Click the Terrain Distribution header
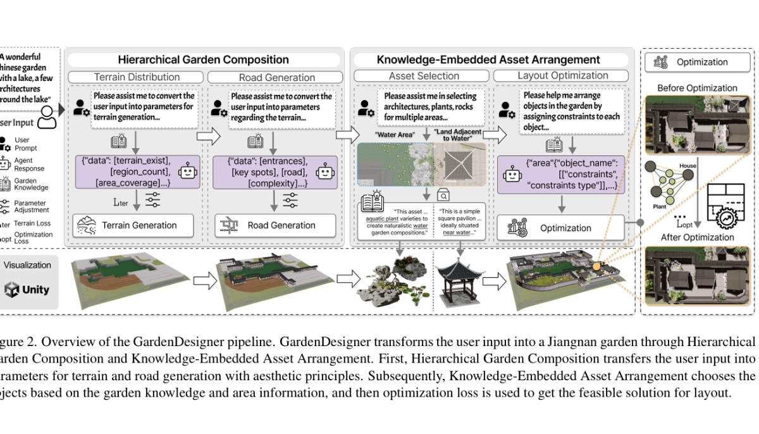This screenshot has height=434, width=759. (x=137, y=77)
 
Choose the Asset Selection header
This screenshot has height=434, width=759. (x=424, y=76)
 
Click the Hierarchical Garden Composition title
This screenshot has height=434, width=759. (x=203, y=60)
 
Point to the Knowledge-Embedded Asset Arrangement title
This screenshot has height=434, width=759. (x=488, y=60)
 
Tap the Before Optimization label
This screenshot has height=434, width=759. (x=696, y=88)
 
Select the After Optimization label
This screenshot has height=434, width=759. (x=698, y=237)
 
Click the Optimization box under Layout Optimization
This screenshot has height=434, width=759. (x=560, y=228)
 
